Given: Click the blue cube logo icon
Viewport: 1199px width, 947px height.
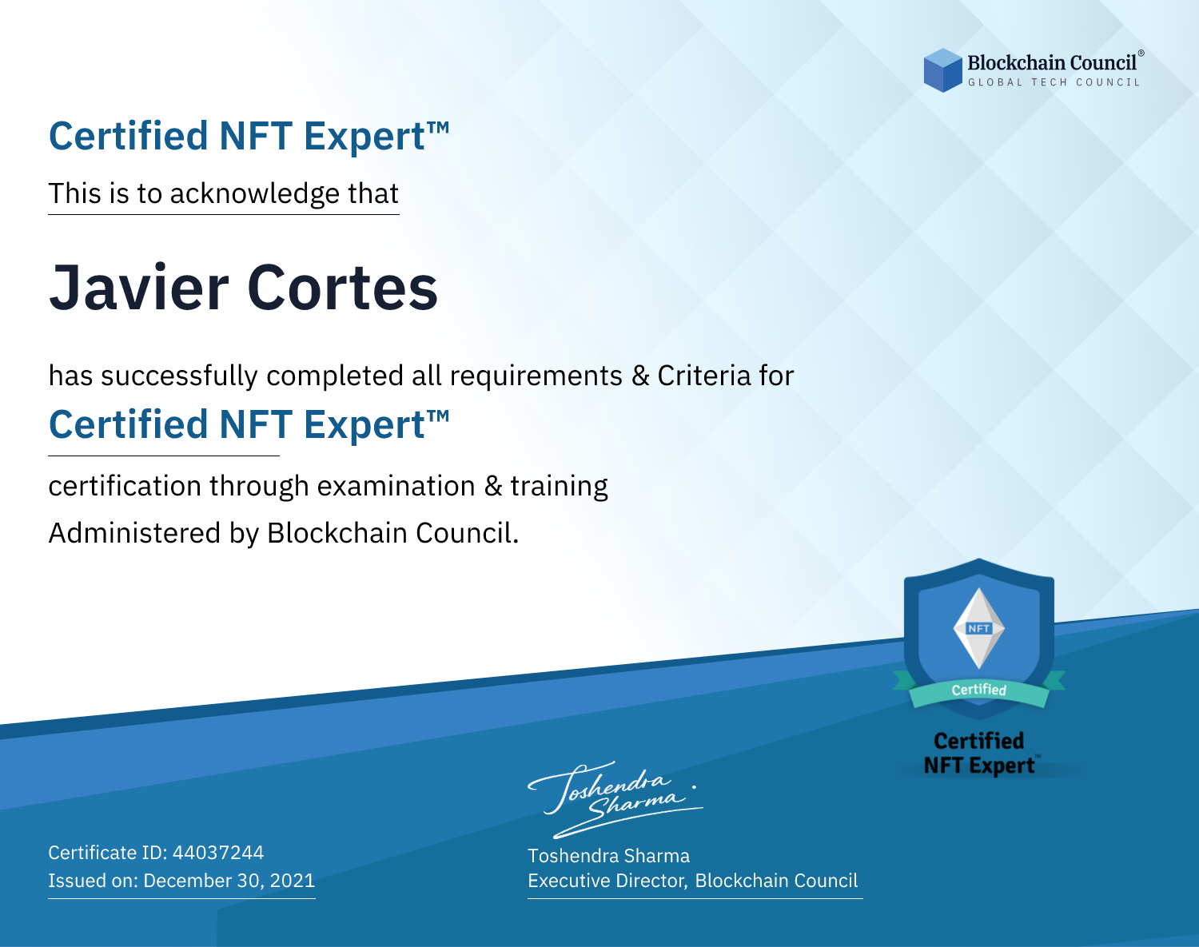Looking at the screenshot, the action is tap(942, 70).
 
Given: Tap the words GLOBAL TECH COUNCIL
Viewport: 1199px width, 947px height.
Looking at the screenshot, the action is tap(1054, 82).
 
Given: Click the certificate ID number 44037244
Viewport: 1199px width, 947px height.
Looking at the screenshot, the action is tap(218, 852).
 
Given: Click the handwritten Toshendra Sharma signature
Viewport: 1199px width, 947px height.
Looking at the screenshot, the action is tap(615, 799).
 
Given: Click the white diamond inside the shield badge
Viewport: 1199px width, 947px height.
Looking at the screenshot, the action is tap(979, 628).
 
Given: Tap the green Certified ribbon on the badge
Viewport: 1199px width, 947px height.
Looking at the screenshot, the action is tap(979, 690).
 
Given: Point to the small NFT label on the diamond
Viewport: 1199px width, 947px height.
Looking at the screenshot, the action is tap(979, 628).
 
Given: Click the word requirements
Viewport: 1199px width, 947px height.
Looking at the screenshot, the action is tap(536, 376).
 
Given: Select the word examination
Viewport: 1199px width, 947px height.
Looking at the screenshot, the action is tap(396, 487).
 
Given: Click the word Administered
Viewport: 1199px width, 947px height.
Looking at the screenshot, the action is tap(134, 533).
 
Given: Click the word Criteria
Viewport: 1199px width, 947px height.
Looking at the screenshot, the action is tap(704, 376).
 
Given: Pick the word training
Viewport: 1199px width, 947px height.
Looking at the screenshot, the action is tap(559, 487).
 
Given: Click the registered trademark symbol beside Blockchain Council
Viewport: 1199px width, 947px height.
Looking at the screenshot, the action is tap(1141, 53).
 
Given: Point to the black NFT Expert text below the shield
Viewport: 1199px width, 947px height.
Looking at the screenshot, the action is tap(979, 766).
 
